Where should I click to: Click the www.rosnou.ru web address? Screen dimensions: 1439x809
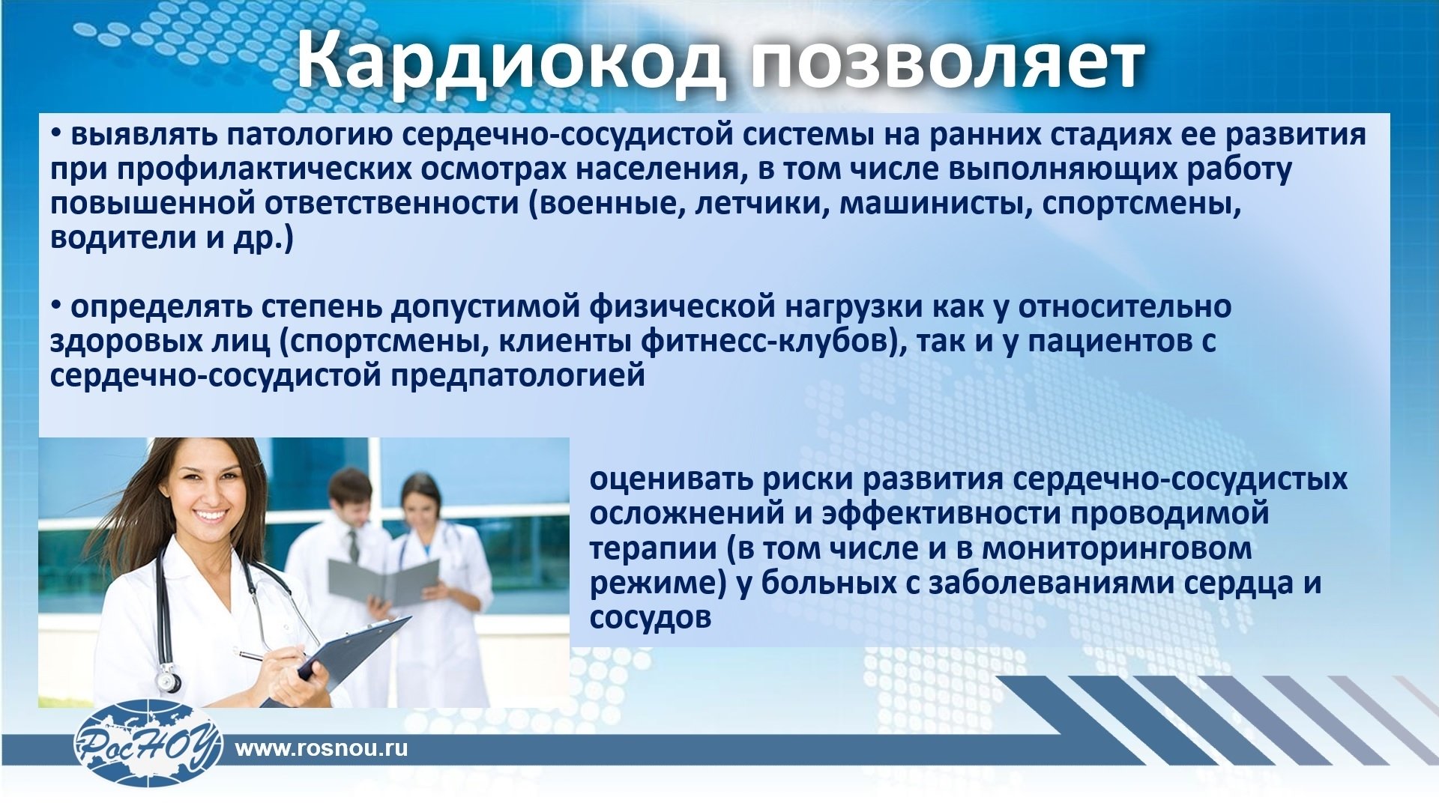click(x=322, y=748)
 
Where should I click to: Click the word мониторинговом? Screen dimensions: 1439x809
click(x=1117, y=549)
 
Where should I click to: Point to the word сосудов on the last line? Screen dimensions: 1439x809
click(x=650, y=618)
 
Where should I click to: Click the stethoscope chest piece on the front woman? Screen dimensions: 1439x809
click(x=169, y=681)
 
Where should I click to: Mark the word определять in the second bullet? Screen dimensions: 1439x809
click(x=160, y=308)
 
